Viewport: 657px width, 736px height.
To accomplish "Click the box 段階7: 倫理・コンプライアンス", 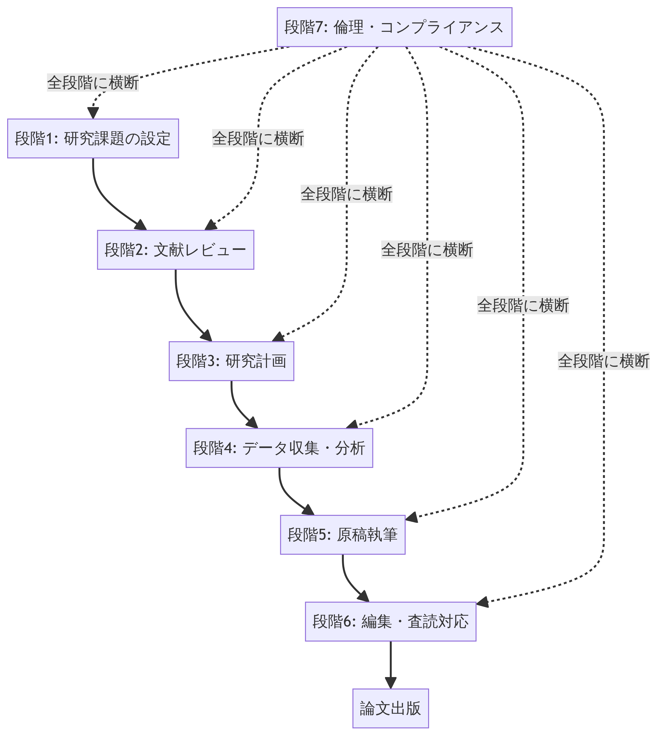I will coord(394,27).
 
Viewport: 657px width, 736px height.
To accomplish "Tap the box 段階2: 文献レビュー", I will coord(176,250).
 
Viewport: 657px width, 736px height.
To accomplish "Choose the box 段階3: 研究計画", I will coord(231,361).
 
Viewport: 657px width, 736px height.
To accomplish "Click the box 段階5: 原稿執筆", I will coord(343,535).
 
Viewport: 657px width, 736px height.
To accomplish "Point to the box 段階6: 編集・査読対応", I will coord(391,621).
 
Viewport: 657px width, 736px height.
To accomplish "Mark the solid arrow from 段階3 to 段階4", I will coord(238,408).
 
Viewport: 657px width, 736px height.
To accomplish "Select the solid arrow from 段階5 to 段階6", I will coord(348,581).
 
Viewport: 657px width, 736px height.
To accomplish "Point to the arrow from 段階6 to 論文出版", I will coord(391,665).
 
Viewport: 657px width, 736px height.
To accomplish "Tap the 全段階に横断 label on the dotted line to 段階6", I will coord(604,361).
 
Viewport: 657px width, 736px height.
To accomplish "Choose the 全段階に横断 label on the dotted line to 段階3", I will coord(346,194).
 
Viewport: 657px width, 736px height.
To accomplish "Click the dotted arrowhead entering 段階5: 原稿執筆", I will coord(412,517).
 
